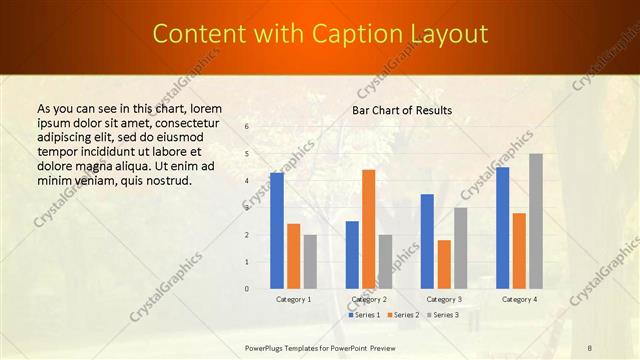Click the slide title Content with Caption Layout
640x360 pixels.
pos(319,35)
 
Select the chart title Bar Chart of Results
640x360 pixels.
pos(402,110)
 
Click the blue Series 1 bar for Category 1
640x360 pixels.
pos(277,230)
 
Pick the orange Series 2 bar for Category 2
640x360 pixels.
pos(369,229)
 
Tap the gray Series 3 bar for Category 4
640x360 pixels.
pos(536,221)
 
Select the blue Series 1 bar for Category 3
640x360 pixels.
pos(427,241)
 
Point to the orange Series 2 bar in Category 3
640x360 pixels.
pos(444,264)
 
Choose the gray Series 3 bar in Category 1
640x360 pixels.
pos(310,261)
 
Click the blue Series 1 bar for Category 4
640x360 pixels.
pos(502,227)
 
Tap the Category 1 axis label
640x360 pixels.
pos(294,299)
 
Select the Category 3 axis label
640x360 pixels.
pos(444,299)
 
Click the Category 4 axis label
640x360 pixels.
pos(519,299)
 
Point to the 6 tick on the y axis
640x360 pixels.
pos(247,126)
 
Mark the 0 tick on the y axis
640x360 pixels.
pos(247,289)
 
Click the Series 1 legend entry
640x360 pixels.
pos(364,315)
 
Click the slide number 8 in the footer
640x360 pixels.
pos(590,348)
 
